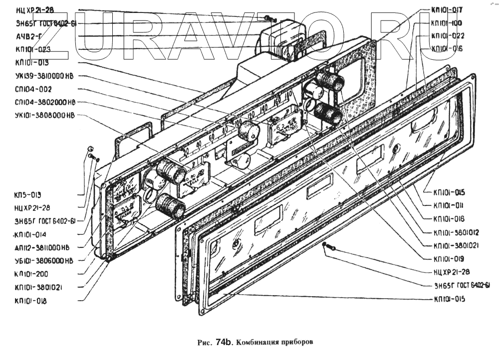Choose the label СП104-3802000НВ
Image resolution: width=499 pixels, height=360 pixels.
pos(45,102)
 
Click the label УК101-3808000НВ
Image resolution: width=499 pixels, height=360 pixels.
pos(45,115)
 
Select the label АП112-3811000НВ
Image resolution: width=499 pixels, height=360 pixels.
pos(42,247)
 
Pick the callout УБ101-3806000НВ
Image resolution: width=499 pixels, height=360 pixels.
pos(44,260)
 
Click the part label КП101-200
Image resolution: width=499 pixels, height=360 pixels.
pos(31,274)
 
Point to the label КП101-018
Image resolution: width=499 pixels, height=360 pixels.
pos(31,301)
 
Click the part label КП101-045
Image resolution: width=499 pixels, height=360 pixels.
pos(450,192)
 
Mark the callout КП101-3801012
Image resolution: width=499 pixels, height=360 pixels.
pos(456,232)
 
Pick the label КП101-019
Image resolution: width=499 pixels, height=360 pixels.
pos(449,259)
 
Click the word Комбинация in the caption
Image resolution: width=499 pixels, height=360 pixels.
pos(259,343)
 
